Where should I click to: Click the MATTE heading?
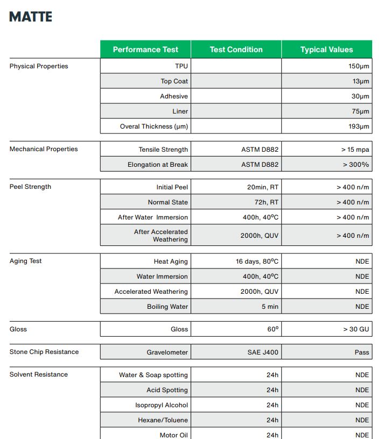31,17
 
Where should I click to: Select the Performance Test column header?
145,49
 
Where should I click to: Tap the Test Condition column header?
236,49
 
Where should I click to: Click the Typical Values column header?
326,49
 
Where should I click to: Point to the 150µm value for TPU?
359,66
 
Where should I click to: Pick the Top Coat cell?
174,81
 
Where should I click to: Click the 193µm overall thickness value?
359,126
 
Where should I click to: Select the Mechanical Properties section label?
44,149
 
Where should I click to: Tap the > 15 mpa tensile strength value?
355,150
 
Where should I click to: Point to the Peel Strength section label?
30,187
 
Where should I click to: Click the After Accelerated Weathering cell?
161,236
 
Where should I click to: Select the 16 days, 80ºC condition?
257,261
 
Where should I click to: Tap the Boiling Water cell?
167,307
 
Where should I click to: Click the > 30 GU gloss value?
356,329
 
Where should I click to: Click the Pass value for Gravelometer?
362,352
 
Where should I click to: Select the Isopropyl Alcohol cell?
161,405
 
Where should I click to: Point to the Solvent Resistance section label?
38,374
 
